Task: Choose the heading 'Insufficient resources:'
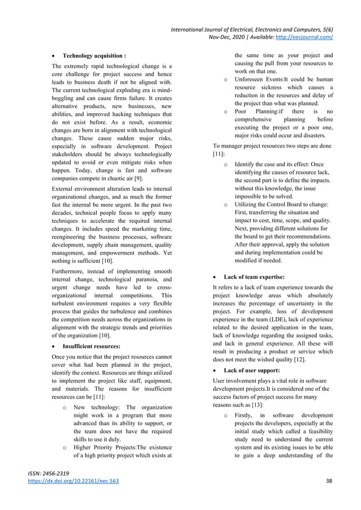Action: tap(93, 345)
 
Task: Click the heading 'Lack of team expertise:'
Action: tap(254, 276)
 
